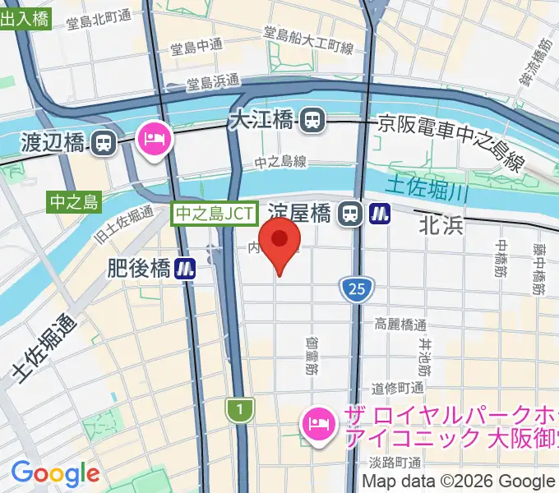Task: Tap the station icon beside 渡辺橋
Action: tap(103, 143)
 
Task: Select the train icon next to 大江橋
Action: tap(312, 122)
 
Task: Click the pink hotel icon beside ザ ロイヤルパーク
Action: tap(316, 425)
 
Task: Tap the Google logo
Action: tap(54, 474)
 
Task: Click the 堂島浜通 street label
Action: tap(212, 82)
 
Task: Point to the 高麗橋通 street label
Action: tap(400, 324)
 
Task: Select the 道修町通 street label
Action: tap(397, 388)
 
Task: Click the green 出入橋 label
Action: tap(25, 20)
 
